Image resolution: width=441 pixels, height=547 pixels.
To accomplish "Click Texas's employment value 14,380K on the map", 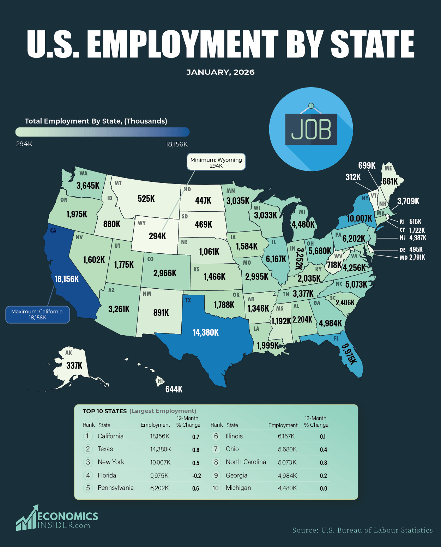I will [x=206, y=332].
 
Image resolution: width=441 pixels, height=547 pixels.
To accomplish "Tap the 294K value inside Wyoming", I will [x=157, y=236].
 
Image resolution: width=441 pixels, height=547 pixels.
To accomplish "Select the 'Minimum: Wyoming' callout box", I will [x=216, y=162].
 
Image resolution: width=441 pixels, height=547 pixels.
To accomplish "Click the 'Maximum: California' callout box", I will [x=37, y=314].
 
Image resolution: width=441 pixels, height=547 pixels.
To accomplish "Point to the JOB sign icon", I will [x=311, y=129].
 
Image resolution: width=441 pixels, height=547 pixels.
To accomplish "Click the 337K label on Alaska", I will [x=74, y=365].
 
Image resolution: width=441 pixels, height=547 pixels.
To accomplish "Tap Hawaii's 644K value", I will [x=174, y=389].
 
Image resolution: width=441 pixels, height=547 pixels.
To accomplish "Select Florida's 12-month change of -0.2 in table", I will [x=197, y=476].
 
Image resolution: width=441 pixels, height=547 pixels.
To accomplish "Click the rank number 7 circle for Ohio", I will [x=216, y=449].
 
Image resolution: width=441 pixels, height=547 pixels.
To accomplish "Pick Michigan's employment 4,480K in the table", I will [x=287, y=488].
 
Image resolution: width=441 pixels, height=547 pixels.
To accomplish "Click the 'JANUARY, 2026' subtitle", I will [x=220, y=72].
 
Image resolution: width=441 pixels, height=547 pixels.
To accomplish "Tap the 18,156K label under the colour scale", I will [x=176, y=144].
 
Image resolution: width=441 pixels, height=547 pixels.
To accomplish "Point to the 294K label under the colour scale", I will [x=24, y=144].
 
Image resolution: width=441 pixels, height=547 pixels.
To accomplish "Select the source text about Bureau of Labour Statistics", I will [x=362, y=530].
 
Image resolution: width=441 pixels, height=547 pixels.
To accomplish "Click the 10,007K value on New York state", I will [x=360, y=218].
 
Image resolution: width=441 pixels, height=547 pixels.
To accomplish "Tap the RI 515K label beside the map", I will [x=411, y=222].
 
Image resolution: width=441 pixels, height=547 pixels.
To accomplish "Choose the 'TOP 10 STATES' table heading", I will [x=104, y=411].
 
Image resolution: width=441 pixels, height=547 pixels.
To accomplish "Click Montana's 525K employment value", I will [x=146, y=199].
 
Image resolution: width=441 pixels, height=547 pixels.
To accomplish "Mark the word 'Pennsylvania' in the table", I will [x=115, y=488].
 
